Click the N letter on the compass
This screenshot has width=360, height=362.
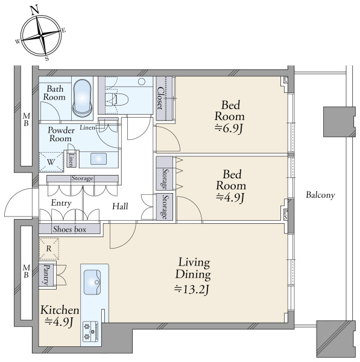click(x=34, y=10)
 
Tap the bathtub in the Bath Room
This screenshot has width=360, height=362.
click(x=83, y=98)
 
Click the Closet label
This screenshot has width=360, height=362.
click(x=160, y=98)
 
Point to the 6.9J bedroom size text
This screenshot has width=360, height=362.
click(x=229, y=128)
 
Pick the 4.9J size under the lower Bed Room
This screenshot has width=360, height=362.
click(x=230, y=197)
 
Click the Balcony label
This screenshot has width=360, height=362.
click(x=320, y=195)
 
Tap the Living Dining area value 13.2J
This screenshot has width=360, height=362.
click(x=192, y=289)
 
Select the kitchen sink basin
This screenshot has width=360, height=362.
click(x=92, y=282)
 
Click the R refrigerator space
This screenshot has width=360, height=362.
click(x=49, y=249)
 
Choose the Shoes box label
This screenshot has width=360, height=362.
click(x=69, y=229)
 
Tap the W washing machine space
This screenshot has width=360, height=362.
click(x=51, y=162)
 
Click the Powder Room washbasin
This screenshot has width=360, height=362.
click(x=98, y=159)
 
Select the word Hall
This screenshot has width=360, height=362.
click(x=120, y=206)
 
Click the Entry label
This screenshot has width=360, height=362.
click(x=61, y=203)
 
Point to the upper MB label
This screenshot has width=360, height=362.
click(x=27, y=119)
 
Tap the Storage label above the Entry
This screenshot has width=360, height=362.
click(x=83, y=178)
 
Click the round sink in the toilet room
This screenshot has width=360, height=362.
click(x=142, y=81)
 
